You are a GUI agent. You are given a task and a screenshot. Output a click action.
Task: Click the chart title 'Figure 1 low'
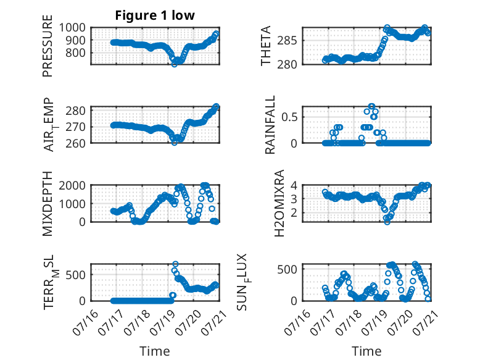click(x=155, y=15)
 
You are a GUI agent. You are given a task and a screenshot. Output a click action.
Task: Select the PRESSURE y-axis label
click(x=48, y=46)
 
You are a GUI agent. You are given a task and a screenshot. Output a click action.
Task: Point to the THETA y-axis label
click(x=266, y=46)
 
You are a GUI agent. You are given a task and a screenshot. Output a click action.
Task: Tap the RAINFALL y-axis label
click(x=270, y=125)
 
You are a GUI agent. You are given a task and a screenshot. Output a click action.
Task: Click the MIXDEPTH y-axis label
click(x=48, y=204)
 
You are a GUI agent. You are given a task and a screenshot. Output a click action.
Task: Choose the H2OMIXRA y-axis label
click(x=279, y=203)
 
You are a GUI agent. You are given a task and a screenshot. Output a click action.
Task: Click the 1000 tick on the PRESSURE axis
click(x=72, y=28)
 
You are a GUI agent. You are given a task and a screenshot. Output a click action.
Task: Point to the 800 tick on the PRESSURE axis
click(x=76, y=52)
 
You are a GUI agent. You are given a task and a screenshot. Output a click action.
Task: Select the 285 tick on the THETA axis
click(x=287, y=40)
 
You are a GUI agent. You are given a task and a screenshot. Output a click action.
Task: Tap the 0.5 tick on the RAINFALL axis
click(x=289, y=117)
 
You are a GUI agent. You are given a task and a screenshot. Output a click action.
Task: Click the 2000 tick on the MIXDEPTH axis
click(x=72, y=185)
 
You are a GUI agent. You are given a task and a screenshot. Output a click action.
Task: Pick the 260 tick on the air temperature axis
click(x=76, y=143)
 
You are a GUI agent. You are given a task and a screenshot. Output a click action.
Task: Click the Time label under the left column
click(x=155, y=351)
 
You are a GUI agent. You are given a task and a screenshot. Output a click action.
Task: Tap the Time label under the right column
click(x=366, y=351)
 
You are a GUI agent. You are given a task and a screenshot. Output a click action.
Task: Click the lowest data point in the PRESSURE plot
click(x=175, y=64)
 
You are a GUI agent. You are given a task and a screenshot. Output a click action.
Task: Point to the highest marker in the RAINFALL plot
click(x=371, y=106)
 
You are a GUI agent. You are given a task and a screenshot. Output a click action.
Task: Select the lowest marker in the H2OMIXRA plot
click(x=387, y=222)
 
